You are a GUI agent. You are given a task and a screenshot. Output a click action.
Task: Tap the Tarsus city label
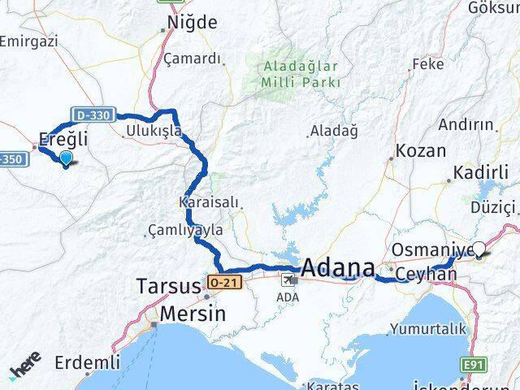click(x=168, y=287)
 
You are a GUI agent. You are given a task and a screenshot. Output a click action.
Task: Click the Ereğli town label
click(x=64, y=139)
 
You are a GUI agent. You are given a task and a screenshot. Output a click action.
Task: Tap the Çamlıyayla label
click(x=185, y=231)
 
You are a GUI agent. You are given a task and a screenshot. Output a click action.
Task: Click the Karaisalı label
click(x=204, y=200)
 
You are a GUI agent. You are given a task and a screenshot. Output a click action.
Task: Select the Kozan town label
click(x=420, y=151)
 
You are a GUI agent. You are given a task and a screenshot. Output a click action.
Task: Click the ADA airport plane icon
click(x=288, y=279)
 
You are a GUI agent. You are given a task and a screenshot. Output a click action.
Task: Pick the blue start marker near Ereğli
click(x=66, y=158)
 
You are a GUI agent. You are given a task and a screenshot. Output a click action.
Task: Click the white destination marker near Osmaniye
click(x=479, y=250)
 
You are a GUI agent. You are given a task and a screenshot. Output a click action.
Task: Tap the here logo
click(x=25, y=370)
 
